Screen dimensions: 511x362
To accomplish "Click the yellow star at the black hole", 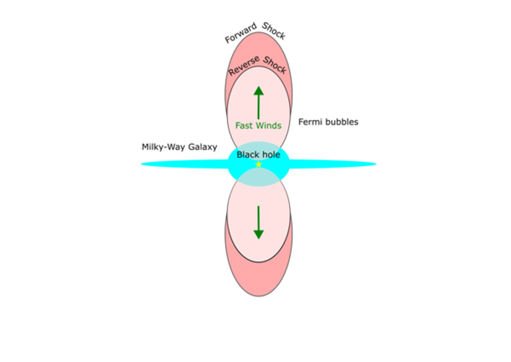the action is coord(258,165).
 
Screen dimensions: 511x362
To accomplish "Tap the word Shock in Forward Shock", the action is coord(274,31).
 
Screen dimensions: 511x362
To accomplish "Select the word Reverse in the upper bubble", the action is coord(244,66).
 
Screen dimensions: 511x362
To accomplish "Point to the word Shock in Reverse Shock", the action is coord(274,65).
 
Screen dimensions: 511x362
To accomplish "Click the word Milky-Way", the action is coord(164,148).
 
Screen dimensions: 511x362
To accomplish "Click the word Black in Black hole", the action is coord(247,155).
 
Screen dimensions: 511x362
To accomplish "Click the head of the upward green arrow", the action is coord(258,91).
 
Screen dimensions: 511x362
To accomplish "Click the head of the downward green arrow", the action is coord(258,235).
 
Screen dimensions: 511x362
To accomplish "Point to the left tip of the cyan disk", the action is coord(141,165).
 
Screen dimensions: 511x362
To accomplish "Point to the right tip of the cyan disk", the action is coord(377,165).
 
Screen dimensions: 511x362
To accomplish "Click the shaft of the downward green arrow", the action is coord(258,218).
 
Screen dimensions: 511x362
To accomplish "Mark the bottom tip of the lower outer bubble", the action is coord(258,296).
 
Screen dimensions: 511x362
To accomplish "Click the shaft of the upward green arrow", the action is coord(258,107).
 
